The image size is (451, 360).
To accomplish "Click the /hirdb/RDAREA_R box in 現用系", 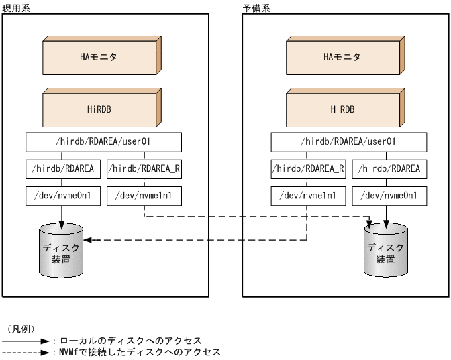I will (x=144, y=169).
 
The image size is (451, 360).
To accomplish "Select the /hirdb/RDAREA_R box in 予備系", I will (x=309, y=169).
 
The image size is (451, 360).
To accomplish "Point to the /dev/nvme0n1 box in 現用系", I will (x=64, y=196).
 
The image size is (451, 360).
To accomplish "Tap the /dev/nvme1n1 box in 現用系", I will (x=144, y=196).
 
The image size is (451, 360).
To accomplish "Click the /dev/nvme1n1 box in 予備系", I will (x=309, y=196).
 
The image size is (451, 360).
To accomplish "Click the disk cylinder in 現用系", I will (x=62, y=248).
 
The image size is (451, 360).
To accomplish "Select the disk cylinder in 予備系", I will (x=386, y=248).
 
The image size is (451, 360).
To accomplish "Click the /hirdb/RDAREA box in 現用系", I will (x=64, y=169).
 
